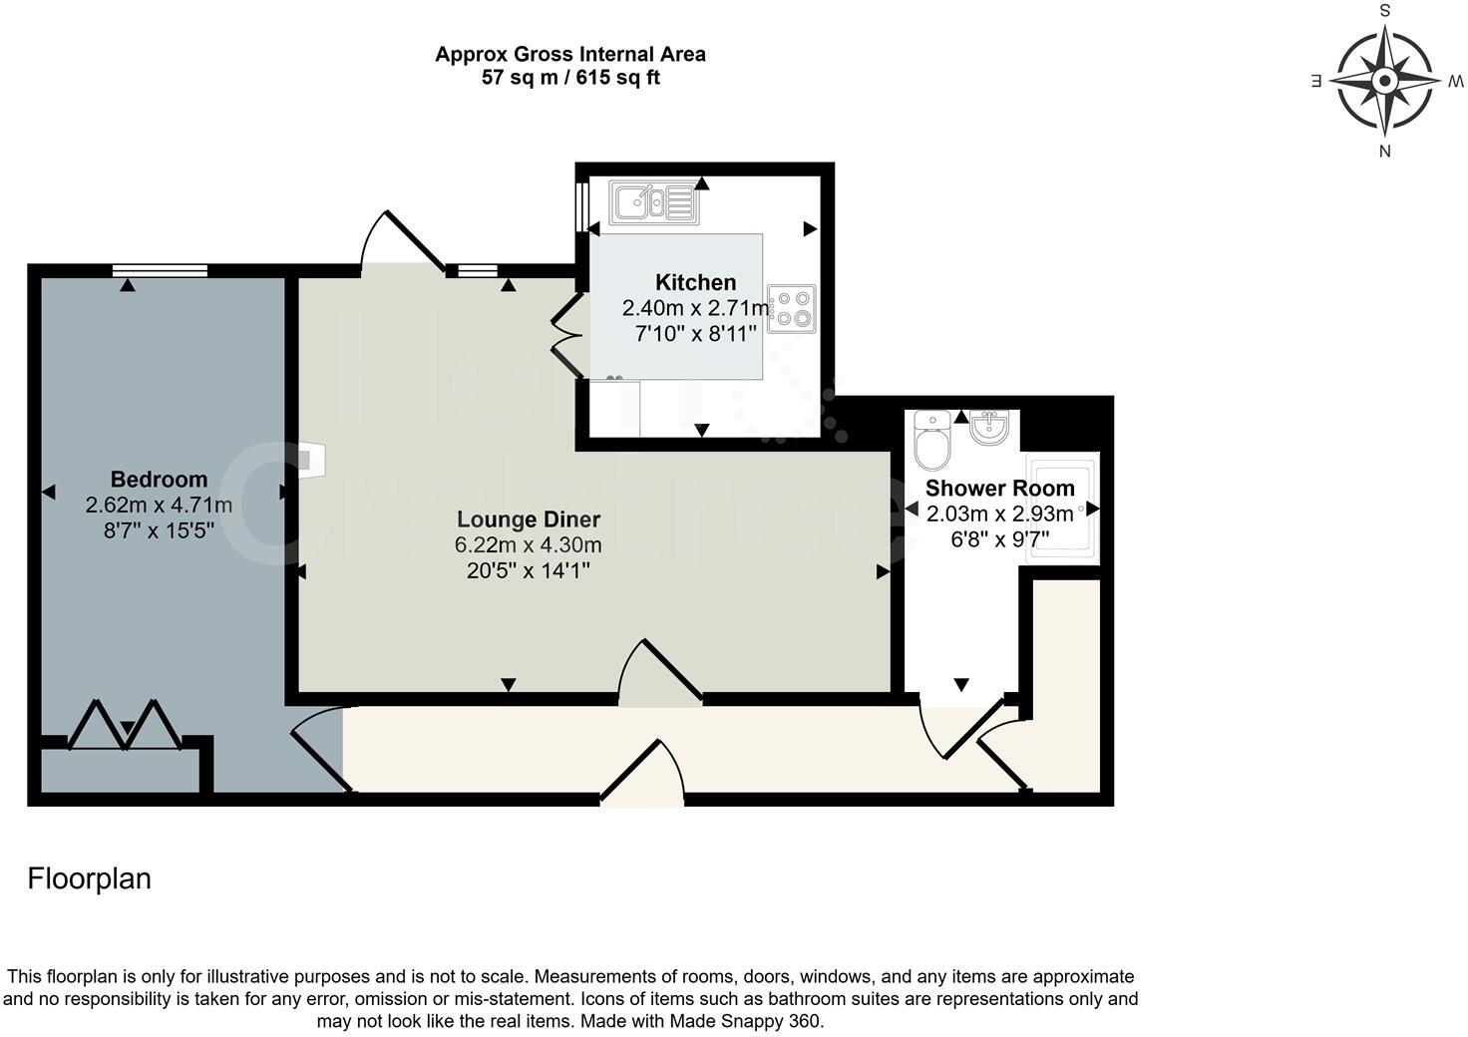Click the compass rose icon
coord(1385,80)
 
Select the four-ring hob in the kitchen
coord(792,308)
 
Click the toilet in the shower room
coord(933,442)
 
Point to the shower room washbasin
coord(988,429)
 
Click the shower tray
coord(1062,508)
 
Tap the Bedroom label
coord(159,480)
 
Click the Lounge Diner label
coord(529,519)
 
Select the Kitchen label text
coord(695,282)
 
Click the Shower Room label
coord(999,489)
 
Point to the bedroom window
coord(160,270)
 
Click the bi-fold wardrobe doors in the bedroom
coord(125,726)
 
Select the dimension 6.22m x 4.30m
coord(529,545)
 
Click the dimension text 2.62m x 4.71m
coord(159,506)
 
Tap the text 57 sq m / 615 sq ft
coord(570,78)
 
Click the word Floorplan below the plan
coord(90,878)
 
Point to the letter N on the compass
coord(1384,151)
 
